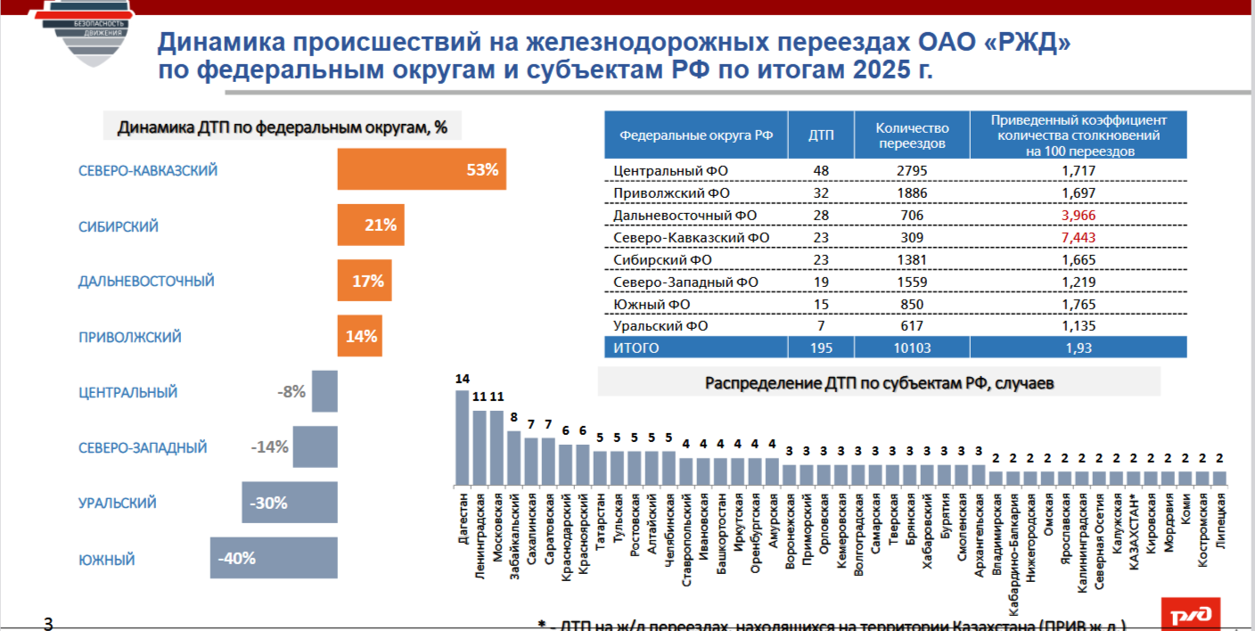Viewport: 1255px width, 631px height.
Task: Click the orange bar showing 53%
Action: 421,169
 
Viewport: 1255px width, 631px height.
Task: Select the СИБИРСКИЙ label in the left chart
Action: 119,226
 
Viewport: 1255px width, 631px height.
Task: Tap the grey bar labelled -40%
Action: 274,559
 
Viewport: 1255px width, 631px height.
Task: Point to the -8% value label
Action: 291,392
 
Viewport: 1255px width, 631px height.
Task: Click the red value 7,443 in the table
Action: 1079,238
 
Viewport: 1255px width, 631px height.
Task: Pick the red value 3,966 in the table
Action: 1079,216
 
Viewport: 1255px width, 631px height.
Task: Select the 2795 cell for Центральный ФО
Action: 911,169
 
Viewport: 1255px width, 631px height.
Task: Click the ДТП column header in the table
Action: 821,135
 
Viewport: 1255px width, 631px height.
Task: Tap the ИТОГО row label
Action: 636,348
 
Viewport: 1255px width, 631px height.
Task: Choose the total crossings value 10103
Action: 911,348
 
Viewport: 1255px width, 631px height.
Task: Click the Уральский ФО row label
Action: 660,326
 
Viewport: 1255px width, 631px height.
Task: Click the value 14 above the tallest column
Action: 463,379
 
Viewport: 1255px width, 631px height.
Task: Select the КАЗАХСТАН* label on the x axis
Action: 1133,523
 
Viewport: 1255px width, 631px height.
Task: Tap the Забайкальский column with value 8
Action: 514,458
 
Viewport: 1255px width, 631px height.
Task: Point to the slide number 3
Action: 48,623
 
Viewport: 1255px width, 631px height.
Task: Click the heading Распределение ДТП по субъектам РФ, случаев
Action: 879,383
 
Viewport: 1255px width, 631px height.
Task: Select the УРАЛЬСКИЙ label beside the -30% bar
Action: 118,503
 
